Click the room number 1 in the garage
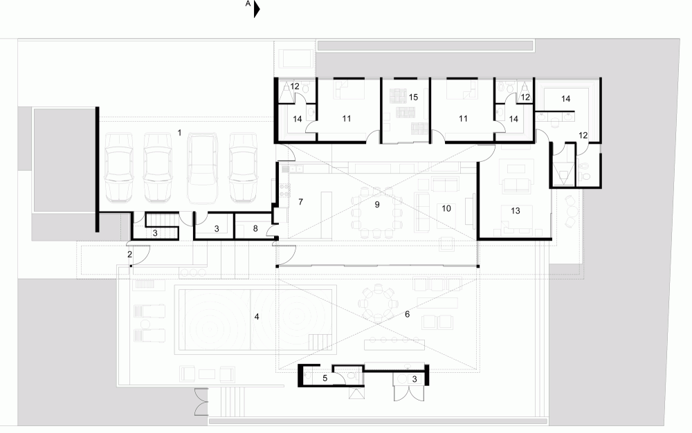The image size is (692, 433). click(x=180, y=132)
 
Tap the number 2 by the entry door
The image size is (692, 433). click(x=129, y=255)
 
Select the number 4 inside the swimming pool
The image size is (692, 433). click(x=257, y=317)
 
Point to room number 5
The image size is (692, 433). click(x=325, y=378)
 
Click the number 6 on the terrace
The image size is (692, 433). click(x=407, y=314)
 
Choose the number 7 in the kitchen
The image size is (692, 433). click(x=300, y=201)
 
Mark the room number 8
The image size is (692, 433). click(x=255, y=229)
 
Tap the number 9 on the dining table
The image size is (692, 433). click(x=377, y=205)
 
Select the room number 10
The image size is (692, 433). click(x=446, y=208)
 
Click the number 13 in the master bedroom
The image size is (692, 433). click(x=516, y=211)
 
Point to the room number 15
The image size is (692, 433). click(x=413, y=97)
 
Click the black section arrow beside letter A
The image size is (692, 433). click(x=257, y=10)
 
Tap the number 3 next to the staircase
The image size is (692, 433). click(x=155, y=233)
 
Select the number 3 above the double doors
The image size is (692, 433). click(x=415, y=379)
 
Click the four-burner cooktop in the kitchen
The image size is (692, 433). click(x=285, y=190)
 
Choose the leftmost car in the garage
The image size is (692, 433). click(x=119, y=168)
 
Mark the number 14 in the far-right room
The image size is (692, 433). click(x=566, y=99)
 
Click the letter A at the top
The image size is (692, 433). click(x=248, y=3)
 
